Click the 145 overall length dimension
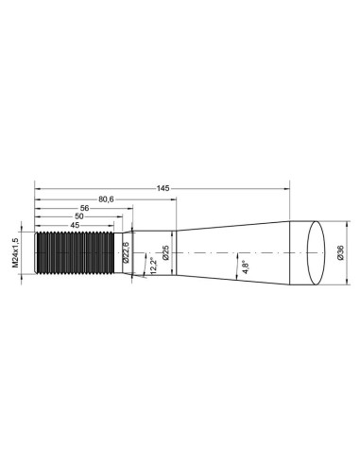pyautogui.click(x=163, y=188)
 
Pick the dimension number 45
pyautogui.click(x=74, y=224)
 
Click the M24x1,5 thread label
pyautogui.click(x=16, y=252)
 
